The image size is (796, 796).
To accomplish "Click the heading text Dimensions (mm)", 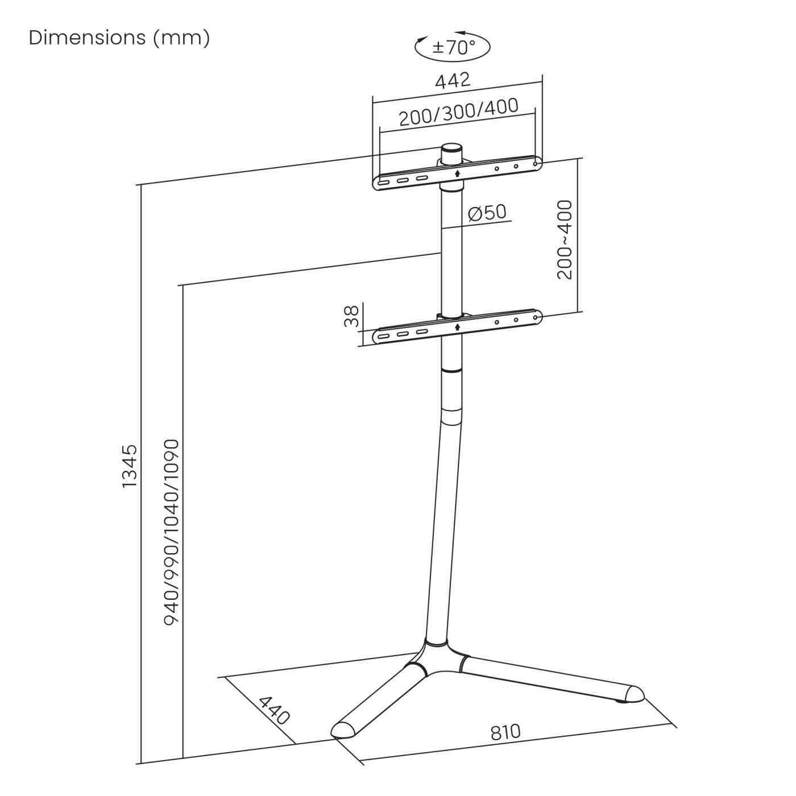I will click(x=119, y=38).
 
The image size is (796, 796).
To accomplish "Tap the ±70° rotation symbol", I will click(x=453, y=47).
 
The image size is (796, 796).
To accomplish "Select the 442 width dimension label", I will click(x=453, y=80).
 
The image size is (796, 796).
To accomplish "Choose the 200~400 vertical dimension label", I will click(x=565, y=239).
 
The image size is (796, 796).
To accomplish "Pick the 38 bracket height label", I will click(x=353, y=316).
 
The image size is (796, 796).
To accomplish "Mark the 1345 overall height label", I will click(x=130, y=466).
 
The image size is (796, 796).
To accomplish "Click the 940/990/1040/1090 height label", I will click(x=171, y=532).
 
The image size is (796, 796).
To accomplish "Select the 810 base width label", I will click(x=505, y=731).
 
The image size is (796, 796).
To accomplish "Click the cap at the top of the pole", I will click(x=452, y=154).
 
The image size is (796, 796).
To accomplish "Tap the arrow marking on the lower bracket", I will click(x=458, y=327).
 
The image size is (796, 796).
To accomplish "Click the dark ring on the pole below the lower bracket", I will click(x=451, y=370).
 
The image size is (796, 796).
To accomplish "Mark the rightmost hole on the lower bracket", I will click(x=535, y=318).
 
